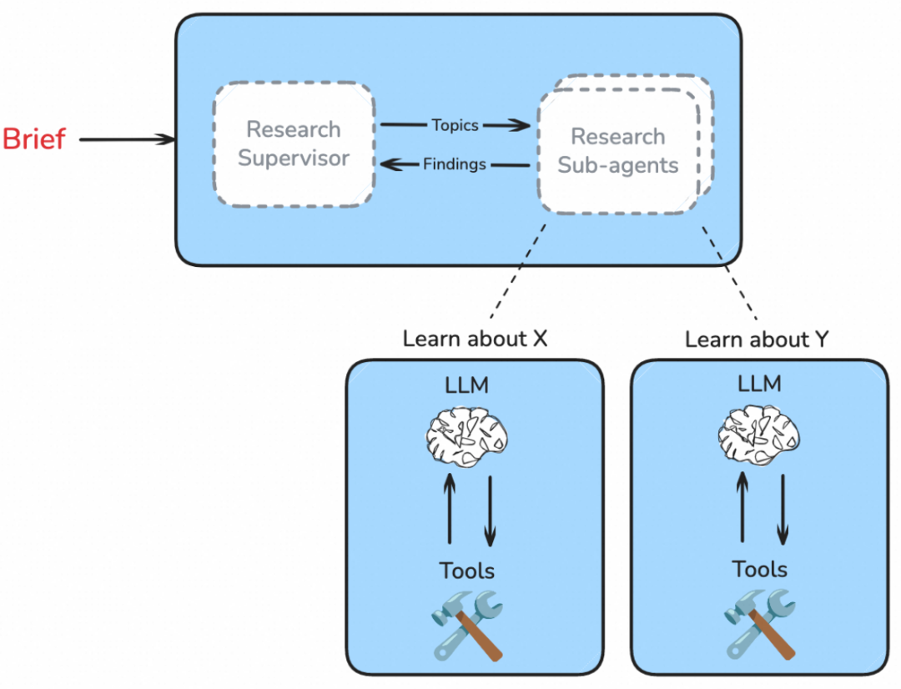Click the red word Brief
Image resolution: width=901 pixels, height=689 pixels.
coord(34,139)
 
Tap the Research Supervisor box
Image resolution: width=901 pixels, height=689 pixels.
coord(294,143)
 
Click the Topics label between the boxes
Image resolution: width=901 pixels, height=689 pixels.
coord(455,125)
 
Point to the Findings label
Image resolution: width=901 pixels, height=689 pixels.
coord(455,164)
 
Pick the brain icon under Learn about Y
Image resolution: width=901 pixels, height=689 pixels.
coord(759,433)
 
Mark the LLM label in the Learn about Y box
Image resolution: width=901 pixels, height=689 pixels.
coord(759,384)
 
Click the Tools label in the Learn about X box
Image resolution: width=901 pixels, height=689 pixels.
coord(467,571)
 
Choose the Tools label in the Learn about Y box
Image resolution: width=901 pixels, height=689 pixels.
coord(759,569)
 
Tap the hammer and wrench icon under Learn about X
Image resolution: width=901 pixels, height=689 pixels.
coord(468,625)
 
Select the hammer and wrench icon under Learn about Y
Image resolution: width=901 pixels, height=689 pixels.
coord(759,623)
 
